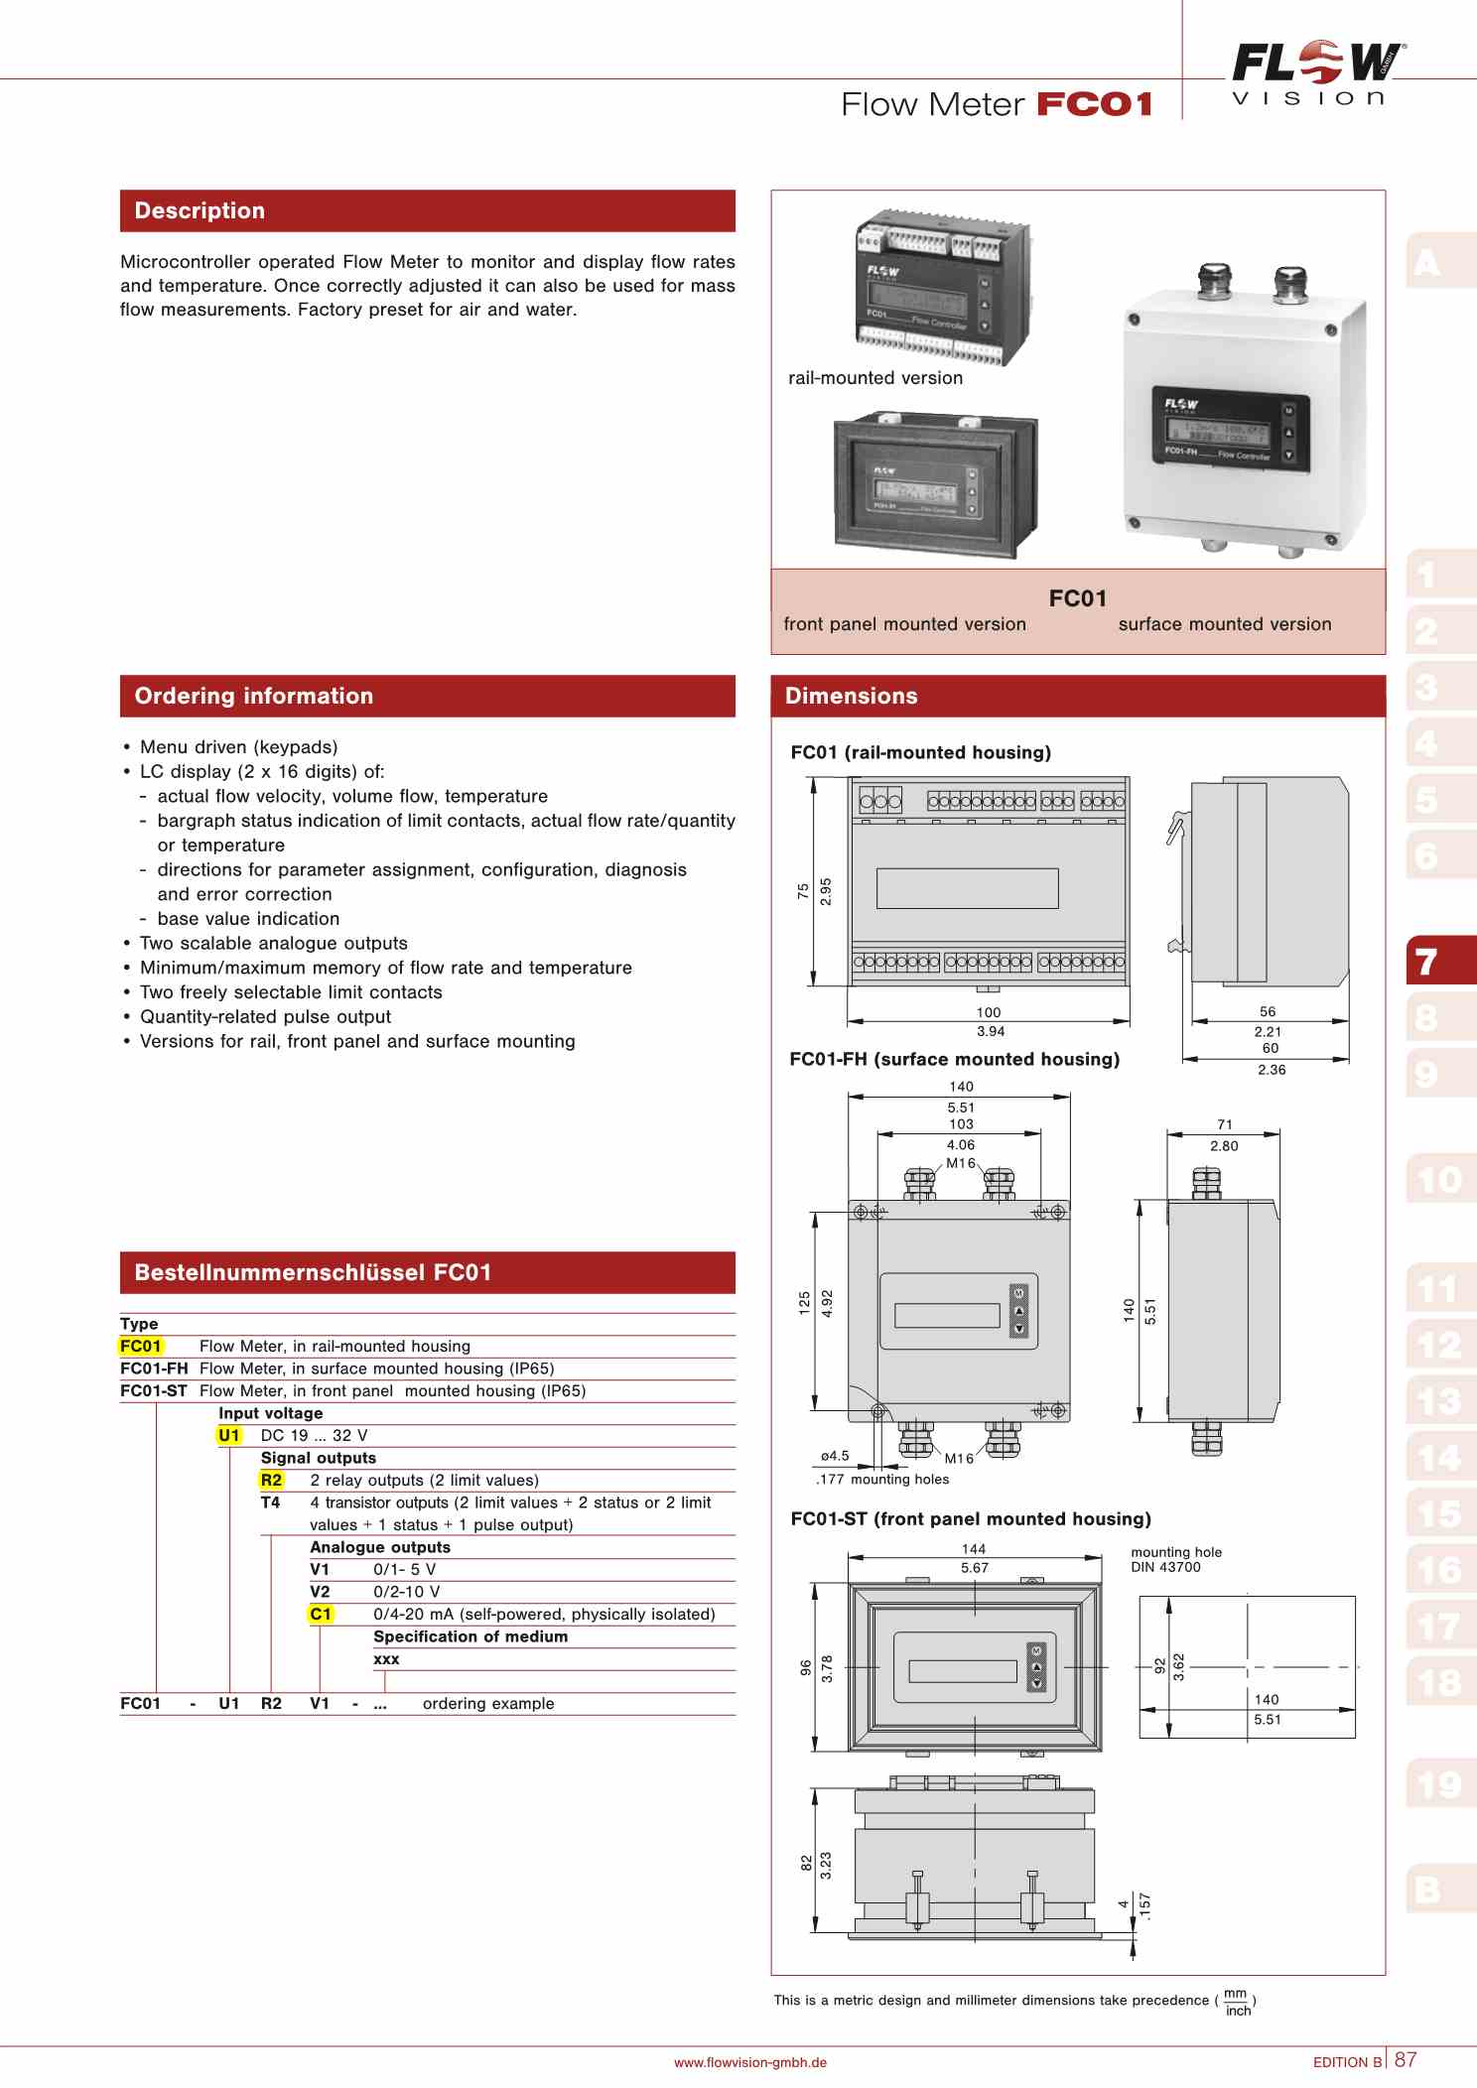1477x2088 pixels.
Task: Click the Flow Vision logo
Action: pyautogui.click(x=1316, y=73)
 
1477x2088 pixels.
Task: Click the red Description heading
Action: pyautogui.click(x=200, y=210)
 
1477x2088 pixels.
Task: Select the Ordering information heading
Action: pyautogui.click(x=253, y=696)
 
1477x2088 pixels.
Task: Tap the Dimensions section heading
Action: pyautogui.click(x=851, y=696)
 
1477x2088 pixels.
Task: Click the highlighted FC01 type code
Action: pyautogui.click(x=140, y=1346)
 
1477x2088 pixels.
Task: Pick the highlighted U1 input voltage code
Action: pyautogui.click(x=229, y=1435)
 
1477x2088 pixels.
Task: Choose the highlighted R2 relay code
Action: pyautogui.click(x=271, y=1480)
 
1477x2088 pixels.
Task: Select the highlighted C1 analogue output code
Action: pyautogui.click(x=321, y=1614)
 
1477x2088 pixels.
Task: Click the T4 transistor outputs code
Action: pyautogui.click(x=270, y=1502)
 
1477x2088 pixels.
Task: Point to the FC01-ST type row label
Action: pyautogui.click(x=153, y=1390)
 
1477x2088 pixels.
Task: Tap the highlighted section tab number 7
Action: pyautogui.click(x=1427, y=961)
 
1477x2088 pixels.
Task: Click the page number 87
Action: pyautogui.click(x=1406, y=2059)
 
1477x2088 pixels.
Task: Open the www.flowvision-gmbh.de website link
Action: pyautogui.click(x=749, y=2062)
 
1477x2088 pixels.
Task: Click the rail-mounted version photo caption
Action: pyautogui.click(x=874, y=378)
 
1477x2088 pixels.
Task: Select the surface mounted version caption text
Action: pyautogui.click(x=1224, y=624)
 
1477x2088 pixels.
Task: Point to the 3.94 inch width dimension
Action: pyautogui.click(x=990, y=1031)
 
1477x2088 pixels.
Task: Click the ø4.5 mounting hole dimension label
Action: pyautogui.click(x=835, y=1456)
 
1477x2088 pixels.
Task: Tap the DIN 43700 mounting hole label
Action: pyautogui.click(x=1165, y=1567)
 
